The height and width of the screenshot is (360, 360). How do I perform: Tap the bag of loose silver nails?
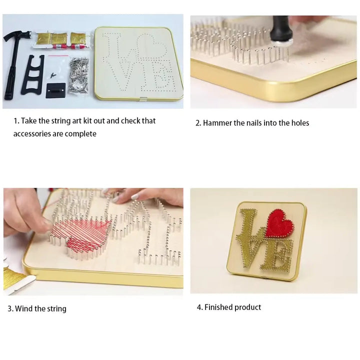pyautogui.click(x=78, y=73)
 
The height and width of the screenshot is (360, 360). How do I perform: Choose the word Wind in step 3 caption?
pyautogui.click(x=23, y=308)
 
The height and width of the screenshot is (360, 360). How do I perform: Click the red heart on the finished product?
pyautogui.click(x=279, y=223)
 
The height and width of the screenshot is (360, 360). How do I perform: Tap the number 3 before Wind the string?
pyautogui.click(x=9, y=308)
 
